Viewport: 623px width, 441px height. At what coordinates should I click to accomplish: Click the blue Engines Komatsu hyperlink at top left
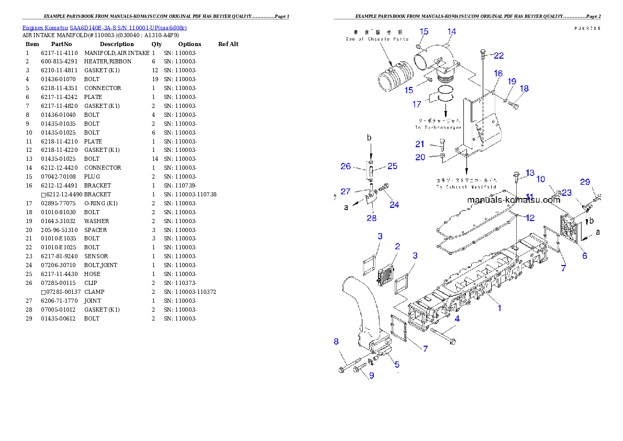(104, 28)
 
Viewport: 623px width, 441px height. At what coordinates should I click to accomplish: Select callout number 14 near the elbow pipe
(451, 31)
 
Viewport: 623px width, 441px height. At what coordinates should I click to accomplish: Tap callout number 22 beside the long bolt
(499, 56)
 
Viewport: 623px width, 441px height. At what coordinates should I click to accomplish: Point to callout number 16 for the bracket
(497, 73)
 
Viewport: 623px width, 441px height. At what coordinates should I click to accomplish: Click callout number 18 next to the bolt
(524, 89)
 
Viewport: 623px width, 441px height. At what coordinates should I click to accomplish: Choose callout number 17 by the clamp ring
(417, 104)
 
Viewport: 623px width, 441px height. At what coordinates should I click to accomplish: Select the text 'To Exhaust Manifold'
(466, 186)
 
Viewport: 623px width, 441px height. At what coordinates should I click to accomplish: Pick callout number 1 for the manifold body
(499, 308)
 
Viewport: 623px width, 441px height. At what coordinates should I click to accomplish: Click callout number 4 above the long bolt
(457, 318)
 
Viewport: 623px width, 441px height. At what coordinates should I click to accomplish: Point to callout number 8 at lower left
(337, 341)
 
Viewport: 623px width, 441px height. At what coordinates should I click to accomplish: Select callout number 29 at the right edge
(585, 182)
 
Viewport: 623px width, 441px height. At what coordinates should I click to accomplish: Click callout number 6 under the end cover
(584, 256)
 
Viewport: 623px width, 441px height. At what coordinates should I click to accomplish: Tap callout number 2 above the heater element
(397, 246)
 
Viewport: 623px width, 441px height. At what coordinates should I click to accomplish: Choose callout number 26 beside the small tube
(346, 166)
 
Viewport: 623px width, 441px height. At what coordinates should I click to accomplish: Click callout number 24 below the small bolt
(394, 205)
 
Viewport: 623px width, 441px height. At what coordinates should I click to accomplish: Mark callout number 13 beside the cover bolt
(530, 173)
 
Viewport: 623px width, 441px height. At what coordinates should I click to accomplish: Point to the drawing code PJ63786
(586, 28)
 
